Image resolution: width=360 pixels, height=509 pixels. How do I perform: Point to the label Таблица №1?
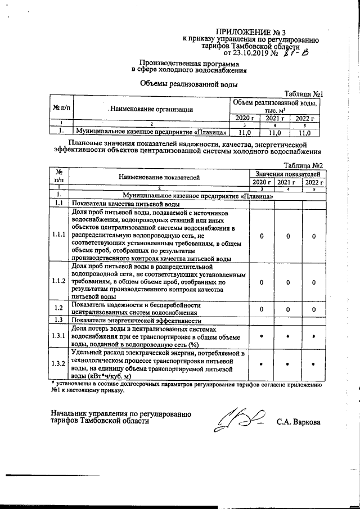click(303, 94)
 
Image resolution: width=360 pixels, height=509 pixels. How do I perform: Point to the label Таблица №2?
click(303, 165)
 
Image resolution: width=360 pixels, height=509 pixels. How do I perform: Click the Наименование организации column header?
click(152, 109)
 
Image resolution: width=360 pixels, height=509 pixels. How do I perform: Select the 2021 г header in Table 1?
click(275, 118)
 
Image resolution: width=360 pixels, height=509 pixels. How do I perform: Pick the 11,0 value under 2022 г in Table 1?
click(305, 133)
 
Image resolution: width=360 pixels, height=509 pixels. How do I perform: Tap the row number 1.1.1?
click(58, 235)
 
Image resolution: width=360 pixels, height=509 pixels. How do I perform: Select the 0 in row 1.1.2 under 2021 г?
click(288, 282)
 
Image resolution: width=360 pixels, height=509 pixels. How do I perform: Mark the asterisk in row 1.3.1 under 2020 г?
click(261, 336)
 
